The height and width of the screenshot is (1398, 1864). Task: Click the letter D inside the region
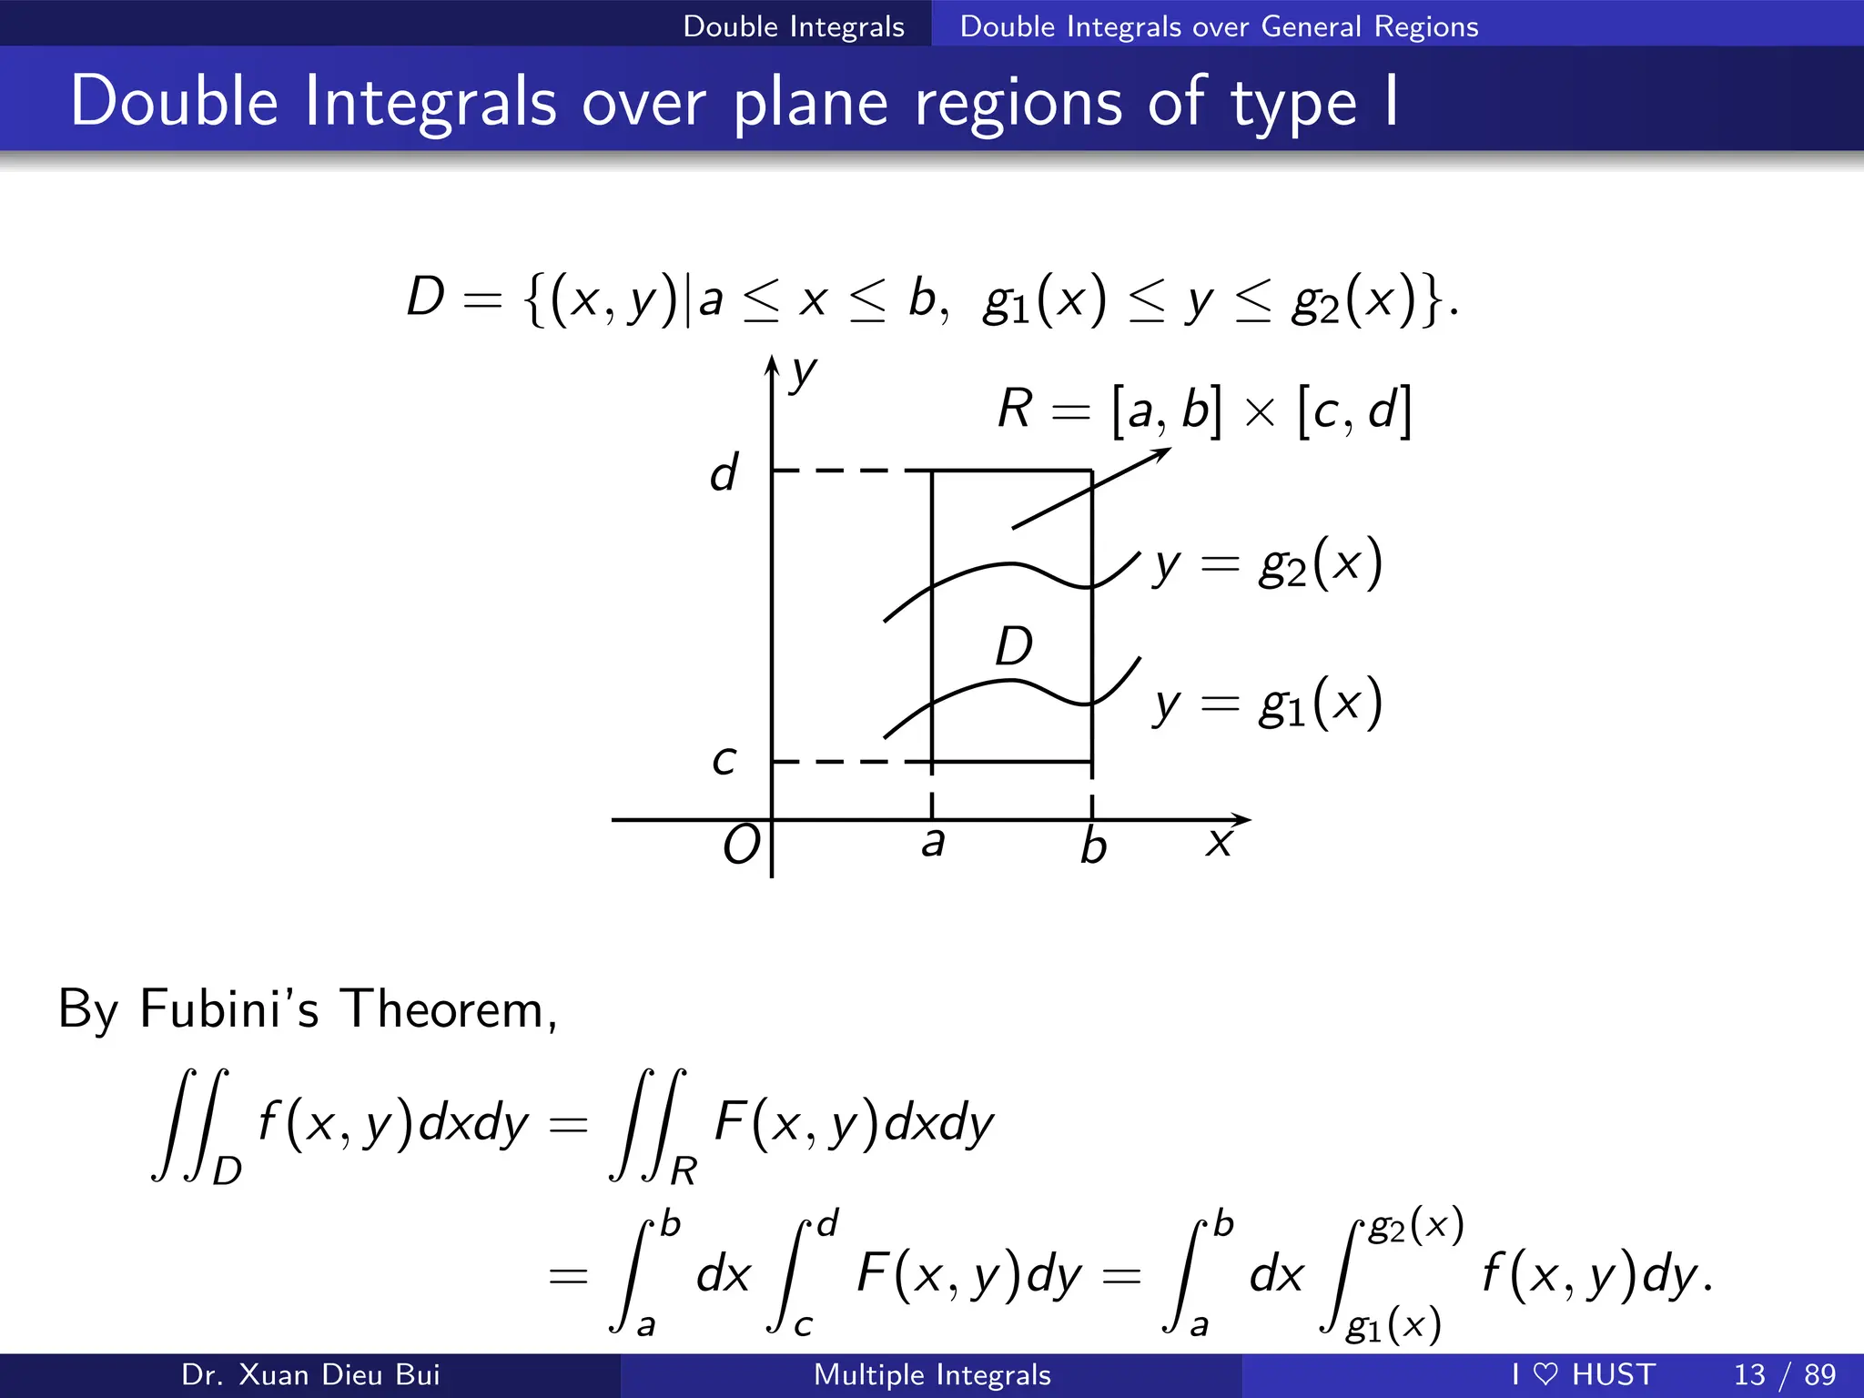1013,647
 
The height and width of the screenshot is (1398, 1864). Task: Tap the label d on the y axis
724,473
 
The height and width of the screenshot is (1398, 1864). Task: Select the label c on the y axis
724,760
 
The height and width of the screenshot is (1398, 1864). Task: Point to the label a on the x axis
932,842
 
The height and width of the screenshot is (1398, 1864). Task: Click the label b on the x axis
1093,846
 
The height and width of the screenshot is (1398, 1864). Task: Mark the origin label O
741,846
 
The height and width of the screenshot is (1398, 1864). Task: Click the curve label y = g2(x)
1268,564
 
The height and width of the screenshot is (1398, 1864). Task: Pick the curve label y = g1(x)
1268,704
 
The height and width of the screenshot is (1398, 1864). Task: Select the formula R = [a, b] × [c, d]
1203,410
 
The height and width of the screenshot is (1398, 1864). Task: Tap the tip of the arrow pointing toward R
1170,450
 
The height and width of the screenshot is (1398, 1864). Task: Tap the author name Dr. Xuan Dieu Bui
310,1374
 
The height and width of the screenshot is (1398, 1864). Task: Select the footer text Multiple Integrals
932,1374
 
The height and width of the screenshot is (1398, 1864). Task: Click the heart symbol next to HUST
1545,1374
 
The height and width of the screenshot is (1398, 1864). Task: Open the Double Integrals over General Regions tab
1219,25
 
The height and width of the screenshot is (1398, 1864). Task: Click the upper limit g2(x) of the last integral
1416,1227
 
